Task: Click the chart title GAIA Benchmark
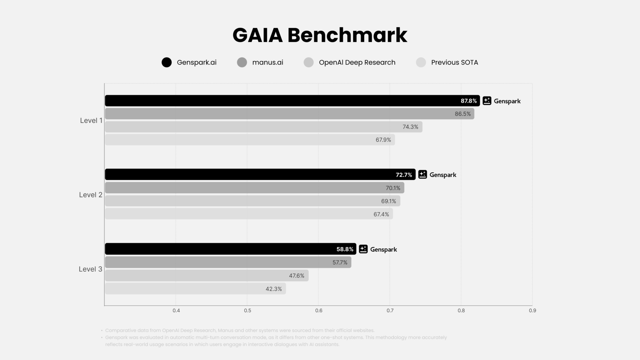(x=320, y=35)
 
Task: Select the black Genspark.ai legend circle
(x=166, y=62)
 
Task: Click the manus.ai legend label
(x=267, y=62)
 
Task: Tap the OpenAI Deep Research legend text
(x=357, y=62)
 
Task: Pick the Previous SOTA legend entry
(x=454, y=62)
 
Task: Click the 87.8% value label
(x=468, y=101)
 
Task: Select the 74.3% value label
(x=410, y=127)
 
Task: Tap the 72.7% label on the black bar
(x=404, y=175)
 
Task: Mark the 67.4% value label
(x=381, y=214)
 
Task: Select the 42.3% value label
(x=273, y=289)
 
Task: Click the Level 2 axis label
(x=90, y=195)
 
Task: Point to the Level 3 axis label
(x=90, y=269)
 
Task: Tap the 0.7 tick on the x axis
(x=390, y=311)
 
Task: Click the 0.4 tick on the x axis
(x=176, y=311)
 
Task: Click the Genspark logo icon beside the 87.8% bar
(x=487, y=101)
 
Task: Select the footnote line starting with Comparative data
(x=240, y=330)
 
